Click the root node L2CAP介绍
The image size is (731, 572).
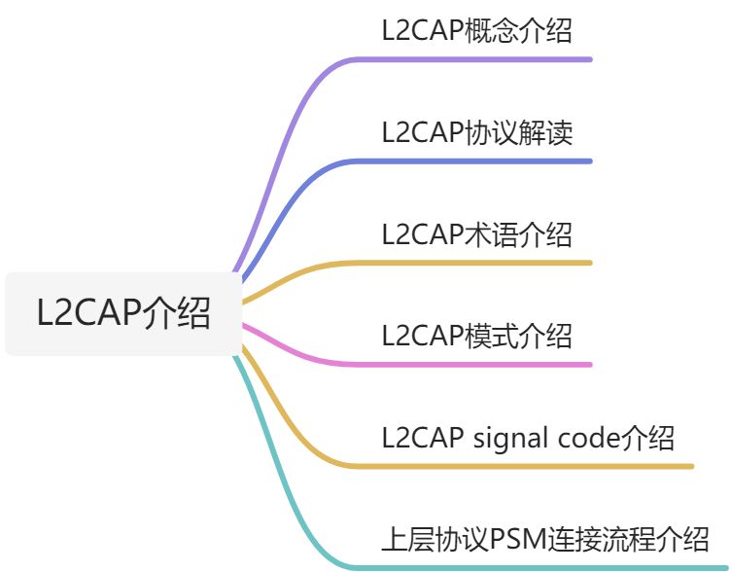(123, 314)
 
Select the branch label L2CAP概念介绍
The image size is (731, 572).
(476, 30)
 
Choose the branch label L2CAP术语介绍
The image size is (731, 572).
(476, 233)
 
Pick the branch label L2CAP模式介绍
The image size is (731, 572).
(476, 336)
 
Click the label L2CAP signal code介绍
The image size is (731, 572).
(528, 438)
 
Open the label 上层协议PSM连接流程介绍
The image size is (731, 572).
(544, 538)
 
